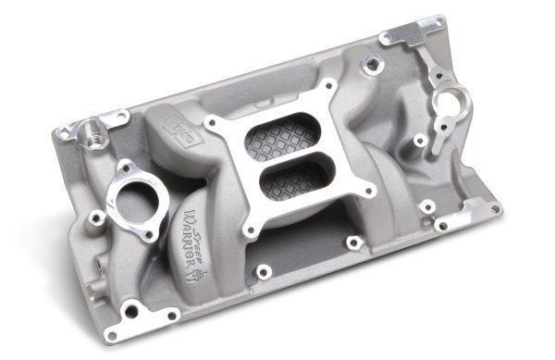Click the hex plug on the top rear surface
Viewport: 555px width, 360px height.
point(372,65)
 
